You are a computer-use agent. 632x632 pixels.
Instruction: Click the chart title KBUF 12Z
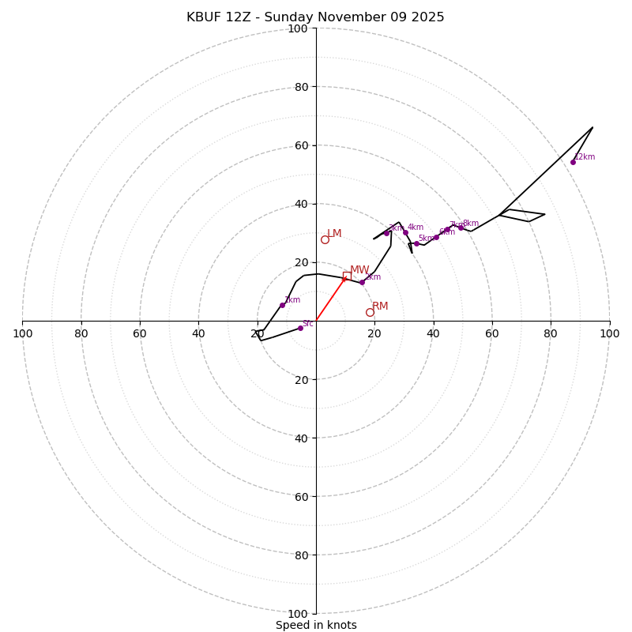pyautogui.click(x=315, y=17)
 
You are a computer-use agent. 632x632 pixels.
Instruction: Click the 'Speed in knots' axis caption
pyautogui.click(x=316, y=625)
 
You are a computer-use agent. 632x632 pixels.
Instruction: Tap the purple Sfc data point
pyautogui.click(x=300, y=328)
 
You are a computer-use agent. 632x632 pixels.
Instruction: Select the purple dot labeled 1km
pyautogui.click(x=282, y=305)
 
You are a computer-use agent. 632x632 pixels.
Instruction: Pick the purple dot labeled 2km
pyautogui.click(x=363, y=282)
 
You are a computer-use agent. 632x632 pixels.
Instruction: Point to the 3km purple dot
pyautogui.click(x=386, y=233)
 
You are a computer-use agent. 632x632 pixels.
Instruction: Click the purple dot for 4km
pyautogui.click(x=405, y=232)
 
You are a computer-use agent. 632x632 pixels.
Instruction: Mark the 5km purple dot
pyautogui.click(x=416, y=243)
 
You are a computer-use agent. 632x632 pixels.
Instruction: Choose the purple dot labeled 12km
pyautogui.click(x=573, y=162)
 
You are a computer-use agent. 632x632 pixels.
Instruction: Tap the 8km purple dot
pyautogui.click(x=461, y=228)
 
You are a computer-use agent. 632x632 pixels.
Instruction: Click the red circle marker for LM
pyautogui.click(x=325, y=239)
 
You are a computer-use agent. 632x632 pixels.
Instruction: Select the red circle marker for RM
pyautogui.click(x=370, y=312)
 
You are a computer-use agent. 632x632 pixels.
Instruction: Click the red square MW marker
pyautogui.click(x=347, y=276)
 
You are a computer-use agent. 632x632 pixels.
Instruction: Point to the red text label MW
pyautogui.click(x=359, y=270)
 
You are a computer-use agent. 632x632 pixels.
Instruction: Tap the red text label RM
pyautogui.click(x=380, y=307)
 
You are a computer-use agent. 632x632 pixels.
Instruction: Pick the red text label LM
pyautogui.click(x=334, y=234)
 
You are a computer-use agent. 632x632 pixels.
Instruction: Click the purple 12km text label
pyautogui.click(x=585, y=157)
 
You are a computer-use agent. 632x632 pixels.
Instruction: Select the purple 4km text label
pyautogui.click(x=416, y=228)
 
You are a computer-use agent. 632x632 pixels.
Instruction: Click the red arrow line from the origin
pyautogui.click(x=330, y=299)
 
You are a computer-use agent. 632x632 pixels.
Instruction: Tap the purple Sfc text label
pyautogui.click(x=308, y=323)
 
